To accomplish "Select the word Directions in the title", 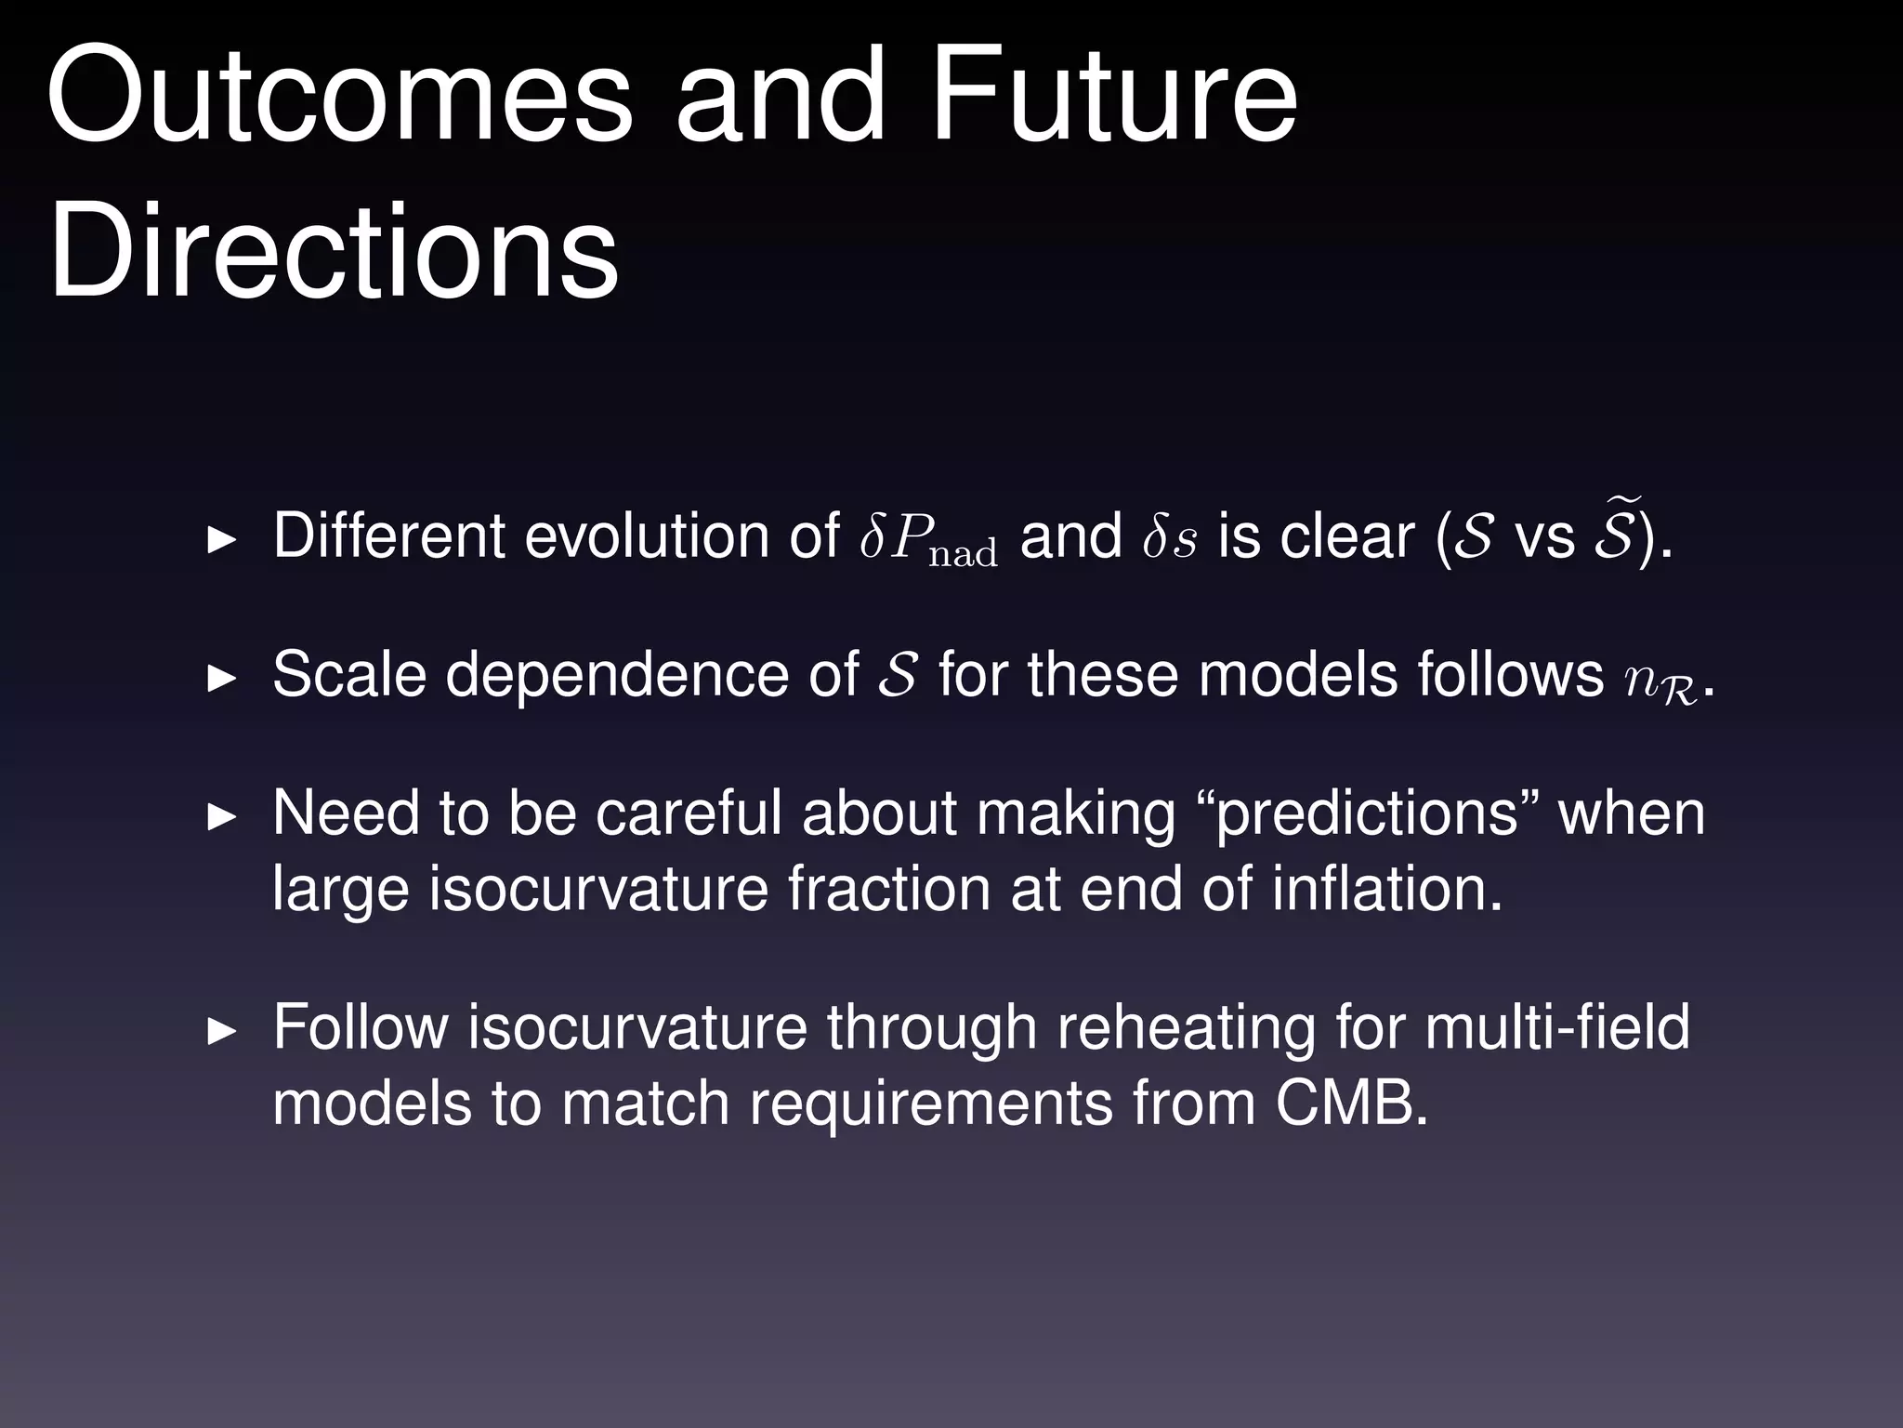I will point(334,253).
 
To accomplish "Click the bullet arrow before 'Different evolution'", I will point(222,539).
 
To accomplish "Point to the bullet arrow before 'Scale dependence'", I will point(222,678).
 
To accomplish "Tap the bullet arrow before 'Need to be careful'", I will point(222,817).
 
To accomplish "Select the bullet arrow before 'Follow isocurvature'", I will point(222,1031).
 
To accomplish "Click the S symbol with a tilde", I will point(1614,534).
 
